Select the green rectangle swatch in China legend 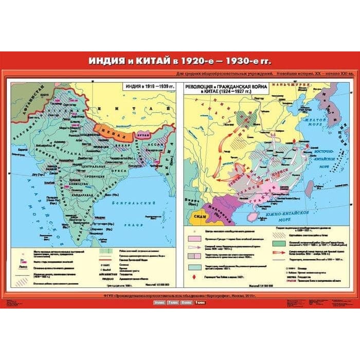point(279,243)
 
